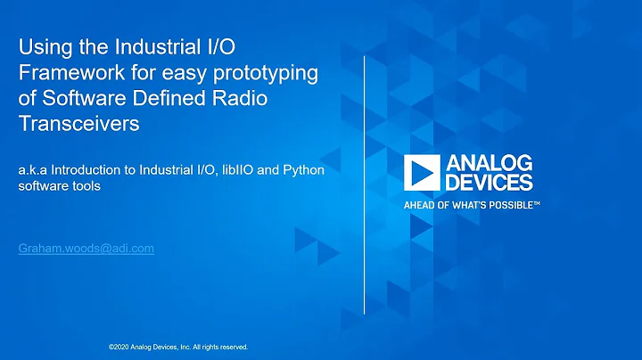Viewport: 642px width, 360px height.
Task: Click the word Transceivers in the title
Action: click(x=79, y=125)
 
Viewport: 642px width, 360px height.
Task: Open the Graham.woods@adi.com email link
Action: click(x=86, y=249)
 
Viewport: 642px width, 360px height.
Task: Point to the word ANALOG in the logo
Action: click(x=491, y=163)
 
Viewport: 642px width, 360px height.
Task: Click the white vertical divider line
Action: click(x=366, y=178)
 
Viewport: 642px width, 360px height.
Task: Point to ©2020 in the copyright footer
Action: click(x=117, y=347)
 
